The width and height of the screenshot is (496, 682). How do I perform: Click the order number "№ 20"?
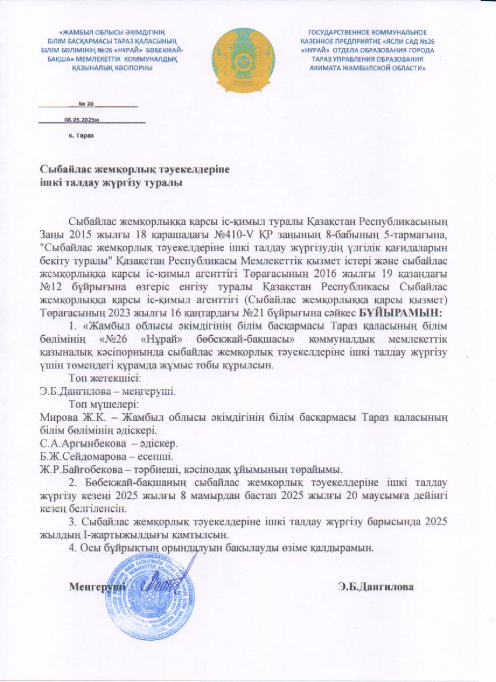[86, 104]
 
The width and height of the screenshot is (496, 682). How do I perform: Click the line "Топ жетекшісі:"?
[104, 378]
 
